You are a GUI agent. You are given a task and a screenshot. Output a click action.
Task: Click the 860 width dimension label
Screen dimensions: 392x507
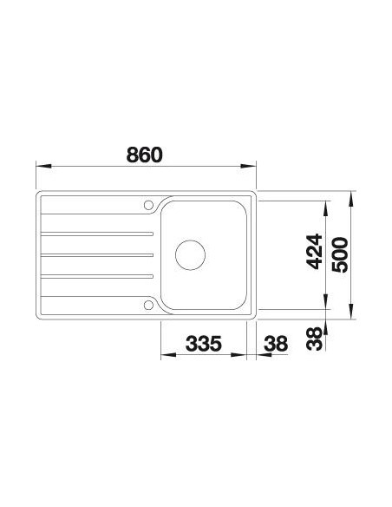pos(144,155)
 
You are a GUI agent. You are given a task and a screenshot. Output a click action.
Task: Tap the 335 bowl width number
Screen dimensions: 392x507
pos(204,344)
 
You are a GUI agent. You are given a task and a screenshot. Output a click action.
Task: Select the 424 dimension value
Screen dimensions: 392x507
pos(315,251)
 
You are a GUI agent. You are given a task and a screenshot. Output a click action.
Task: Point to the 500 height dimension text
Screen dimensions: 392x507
pos(340,254)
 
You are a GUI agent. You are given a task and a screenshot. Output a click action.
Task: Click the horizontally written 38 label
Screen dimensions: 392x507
pos(276,344)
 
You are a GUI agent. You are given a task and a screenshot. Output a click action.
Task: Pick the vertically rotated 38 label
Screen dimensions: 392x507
pos(315,339)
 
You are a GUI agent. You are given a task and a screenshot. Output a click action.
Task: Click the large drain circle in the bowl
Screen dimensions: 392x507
pos(190,255)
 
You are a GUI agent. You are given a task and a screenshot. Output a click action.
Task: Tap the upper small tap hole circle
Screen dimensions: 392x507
pos(148,205)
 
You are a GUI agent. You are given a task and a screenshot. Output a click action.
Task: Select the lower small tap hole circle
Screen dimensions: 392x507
pos(148,305)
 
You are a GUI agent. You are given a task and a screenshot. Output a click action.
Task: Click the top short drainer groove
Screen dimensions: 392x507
pos(97,234)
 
